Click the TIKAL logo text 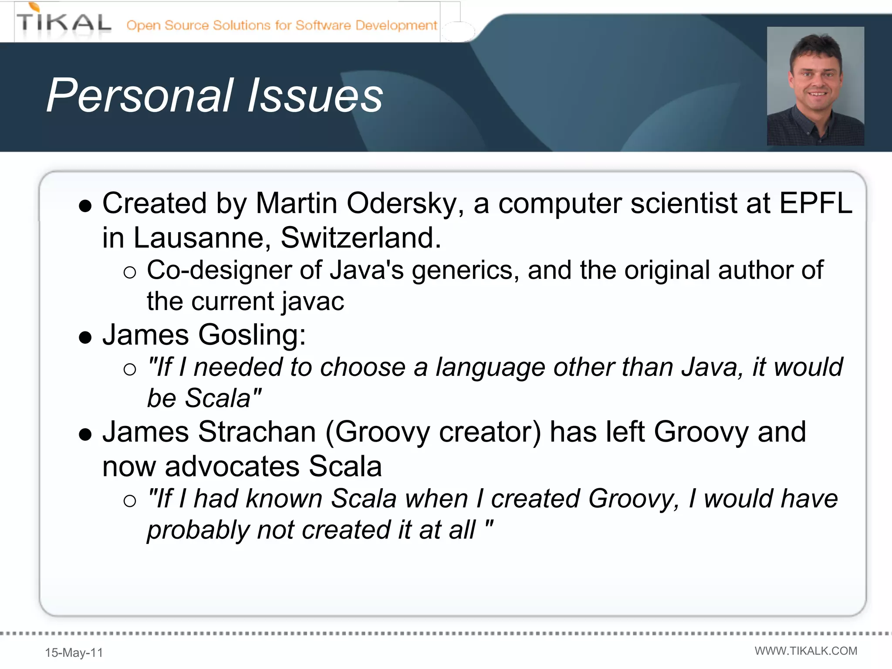pyautogui.click(x=64, y=23)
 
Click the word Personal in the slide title pyautogui.click(x=139, y=96)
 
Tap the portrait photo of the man pyautogui.click(x=815, y=86)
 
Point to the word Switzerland pyautogui.click(x=360, y=238)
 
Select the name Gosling pyautogui.click(x=252, y=335)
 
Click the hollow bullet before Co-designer pyautogui.click(x=130, y=273)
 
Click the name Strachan pyautogui.click(x=257, y=432)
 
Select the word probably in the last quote pyautogui.click(x=198, y=530)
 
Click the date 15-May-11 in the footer pyautogui.click(x=74, y=652)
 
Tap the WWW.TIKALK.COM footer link pyautogui.click(x=806, y=651)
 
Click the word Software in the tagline pyautogui.click(x=323, y=25)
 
